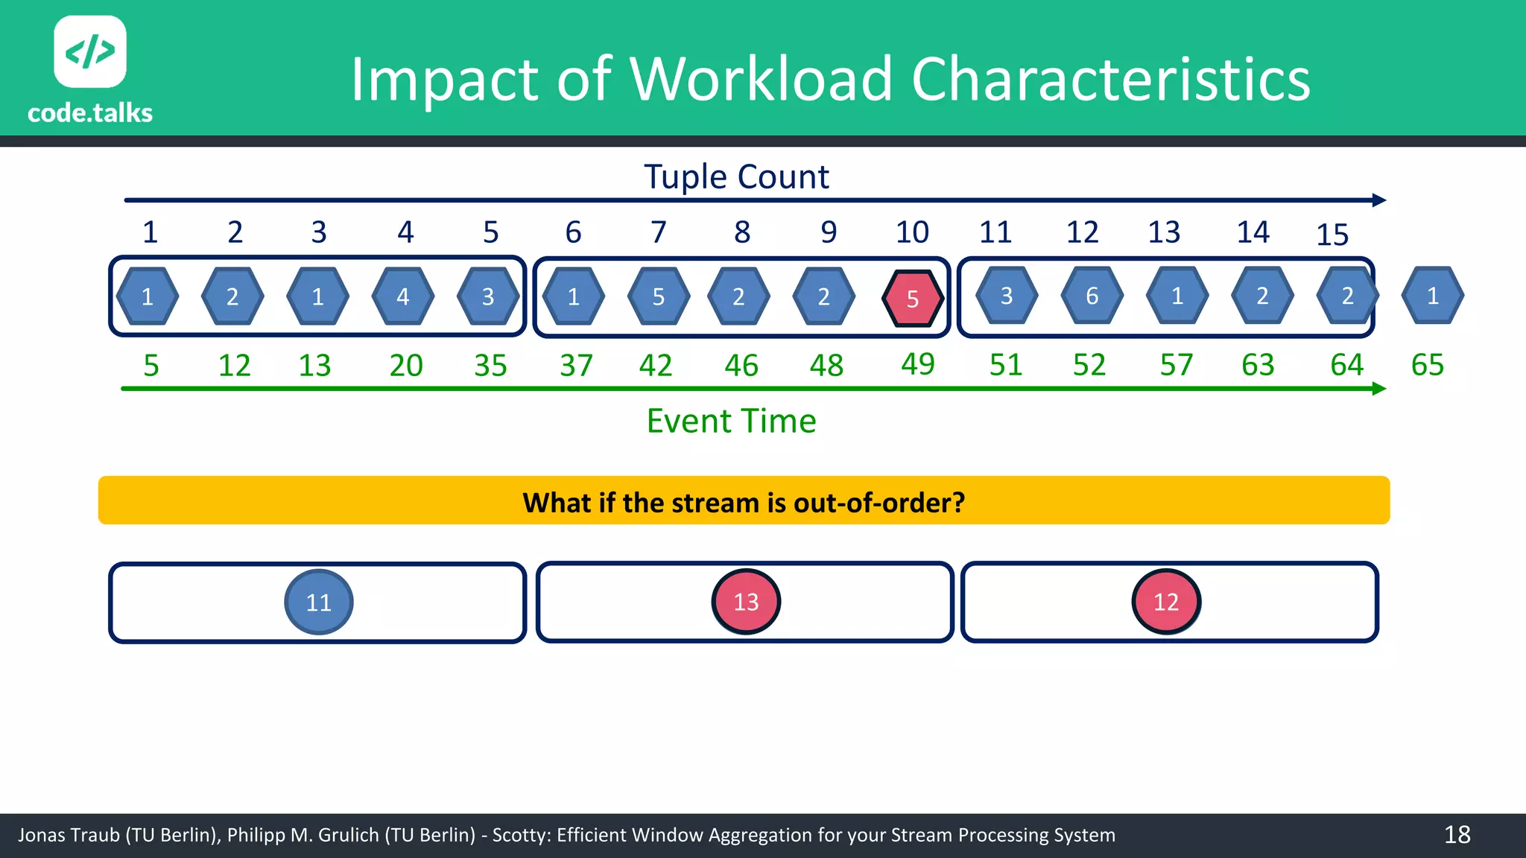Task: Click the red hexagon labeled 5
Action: point(913,298)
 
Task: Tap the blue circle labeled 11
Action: point(319,602)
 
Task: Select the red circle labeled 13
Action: point(746,602)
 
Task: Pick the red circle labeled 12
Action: point(1166,602)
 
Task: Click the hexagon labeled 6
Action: point(1092,296)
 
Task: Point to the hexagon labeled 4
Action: point(403,296)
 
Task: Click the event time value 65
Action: point(1428,365)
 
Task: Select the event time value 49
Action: point(918,364)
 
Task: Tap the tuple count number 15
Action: point(1332,235)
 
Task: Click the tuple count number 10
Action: point(912,232)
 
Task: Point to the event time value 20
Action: point(406,366)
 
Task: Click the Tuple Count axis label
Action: point(736,177)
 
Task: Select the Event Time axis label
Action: point(731,422)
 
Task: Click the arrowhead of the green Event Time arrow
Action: point(1379,389)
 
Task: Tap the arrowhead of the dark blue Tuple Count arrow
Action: point(1379,200)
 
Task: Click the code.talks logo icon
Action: point(90,52)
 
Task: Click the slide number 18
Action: point(1457,835)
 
